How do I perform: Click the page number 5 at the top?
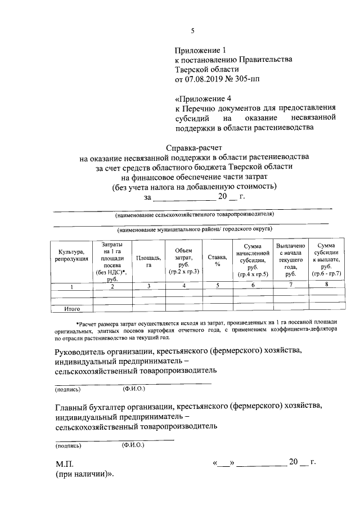(x=192, y=31)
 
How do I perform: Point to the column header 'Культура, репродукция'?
(x=71, y=255)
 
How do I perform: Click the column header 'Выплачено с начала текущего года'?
(x=290, y=260)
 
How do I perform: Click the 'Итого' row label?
(x=71, y=309)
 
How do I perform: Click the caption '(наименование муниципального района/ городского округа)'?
(x=194, y=229)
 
